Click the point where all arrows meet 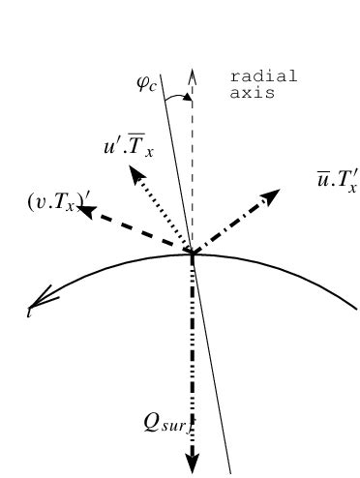(192, 254)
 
